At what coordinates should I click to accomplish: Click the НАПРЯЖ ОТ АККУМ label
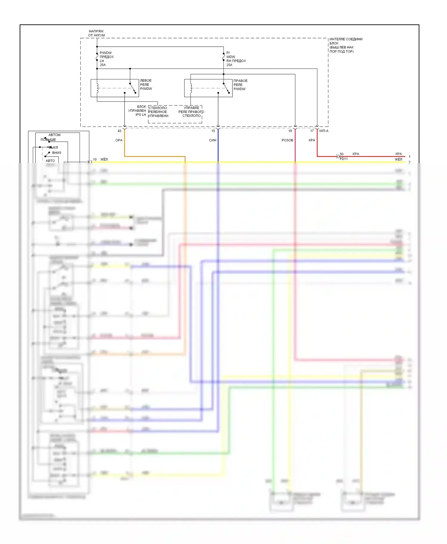pos(96,33)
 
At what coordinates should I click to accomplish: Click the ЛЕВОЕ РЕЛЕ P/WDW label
pos(146,85)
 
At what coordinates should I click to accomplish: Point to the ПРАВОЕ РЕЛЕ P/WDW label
pos(240,85)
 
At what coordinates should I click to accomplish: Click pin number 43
pos(119,131)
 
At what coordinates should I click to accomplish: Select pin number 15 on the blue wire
pos(213,131)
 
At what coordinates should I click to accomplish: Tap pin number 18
pos(290,131)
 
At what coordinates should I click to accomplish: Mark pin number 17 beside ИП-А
pos(312,131)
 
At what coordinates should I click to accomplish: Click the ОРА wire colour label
pos(119,140)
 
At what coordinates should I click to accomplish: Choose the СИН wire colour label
pos(212,140)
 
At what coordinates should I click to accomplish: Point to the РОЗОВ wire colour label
pos(287,140)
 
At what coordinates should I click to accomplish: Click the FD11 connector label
pos(344,159)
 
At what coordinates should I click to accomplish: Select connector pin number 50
pos(342,154)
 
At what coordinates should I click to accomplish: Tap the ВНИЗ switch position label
pos(57,153)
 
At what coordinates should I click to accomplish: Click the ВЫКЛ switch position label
pos(54,147)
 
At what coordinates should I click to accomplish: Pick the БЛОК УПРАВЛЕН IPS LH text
pos(137,110)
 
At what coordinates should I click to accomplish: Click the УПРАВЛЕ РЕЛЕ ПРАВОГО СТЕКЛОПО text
pos(191,112)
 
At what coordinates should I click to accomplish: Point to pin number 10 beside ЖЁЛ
pos(95,160)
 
